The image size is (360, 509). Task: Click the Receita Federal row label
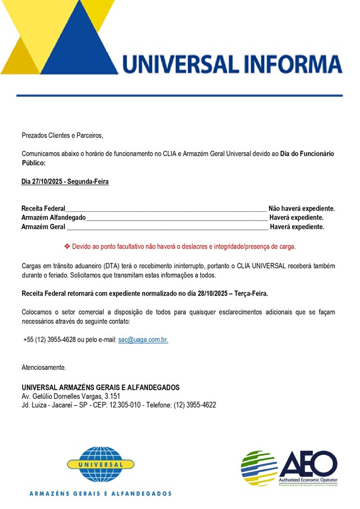[44, 208]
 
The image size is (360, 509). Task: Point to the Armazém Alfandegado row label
[53, 218]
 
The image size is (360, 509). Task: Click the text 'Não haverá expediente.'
[301, 208]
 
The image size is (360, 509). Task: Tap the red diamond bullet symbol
[67, 246]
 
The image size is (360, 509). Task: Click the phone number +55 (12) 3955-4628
[52, 340]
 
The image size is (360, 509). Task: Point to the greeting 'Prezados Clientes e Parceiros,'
[62, 135]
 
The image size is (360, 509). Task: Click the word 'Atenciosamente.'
[44, 367]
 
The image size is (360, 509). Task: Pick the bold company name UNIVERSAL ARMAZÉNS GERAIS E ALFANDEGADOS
[100, 387]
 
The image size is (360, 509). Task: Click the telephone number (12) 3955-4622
[195, 405]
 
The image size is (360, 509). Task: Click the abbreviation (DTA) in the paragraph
[103, 265]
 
